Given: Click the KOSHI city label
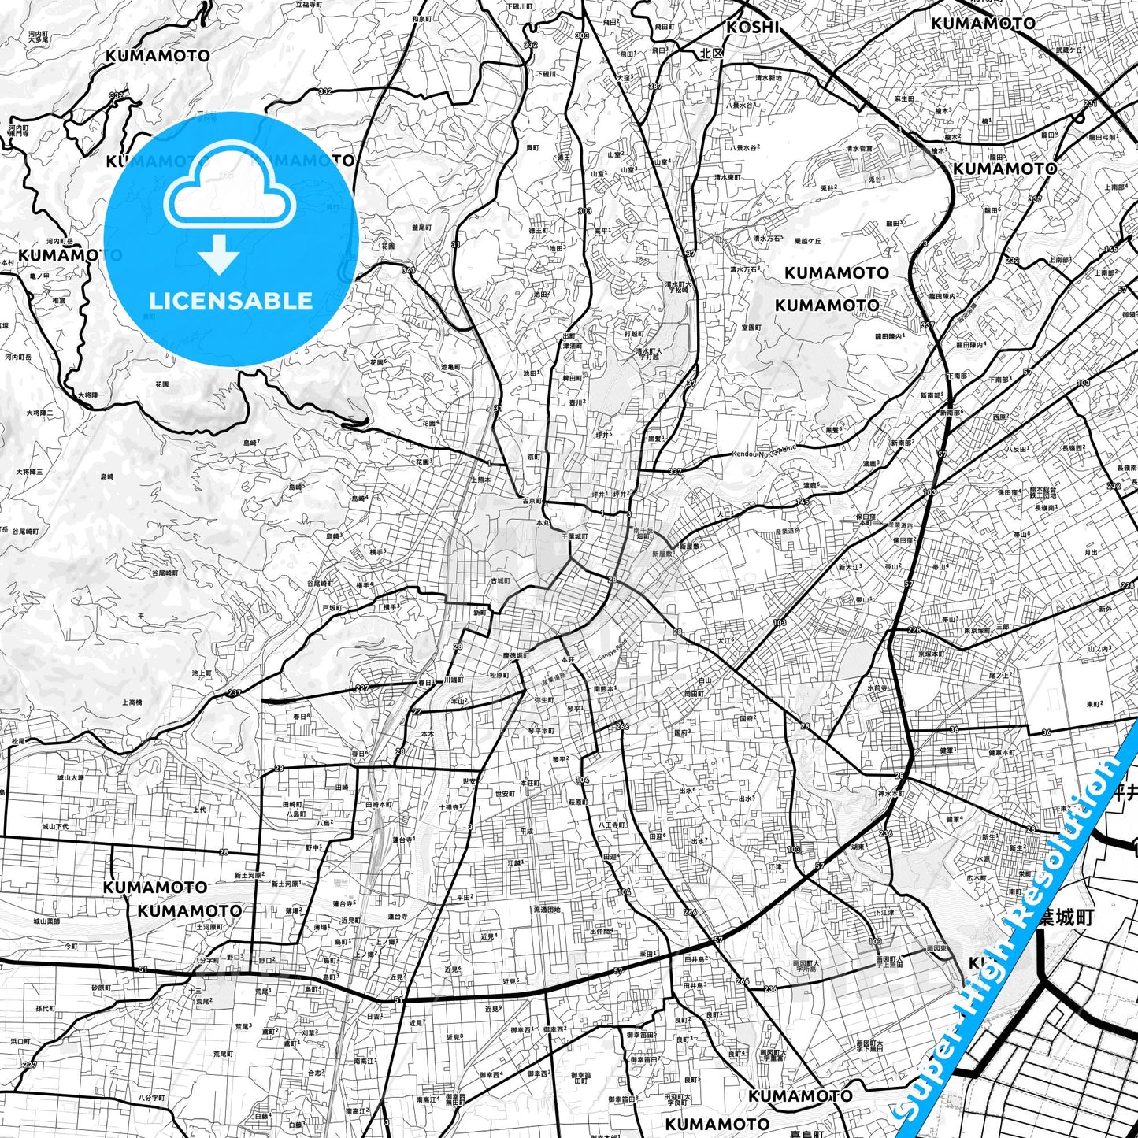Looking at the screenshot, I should click(x=752, y=28).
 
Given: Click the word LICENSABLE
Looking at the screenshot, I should click(x=231, y=300).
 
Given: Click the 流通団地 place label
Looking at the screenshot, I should click(x=547, y=910).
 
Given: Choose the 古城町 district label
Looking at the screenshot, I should click(x=500, y=580).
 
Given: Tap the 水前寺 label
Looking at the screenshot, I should click(x=878, y=687).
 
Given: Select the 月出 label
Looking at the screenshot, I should click(x=1091, y=553).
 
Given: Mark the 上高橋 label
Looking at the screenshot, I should click(x=132, y=702).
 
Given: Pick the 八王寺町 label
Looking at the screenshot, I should click(x=611, y=825).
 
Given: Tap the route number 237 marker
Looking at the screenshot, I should click(x=234, y=693).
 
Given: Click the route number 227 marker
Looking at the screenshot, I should click(x=361, y=688).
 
